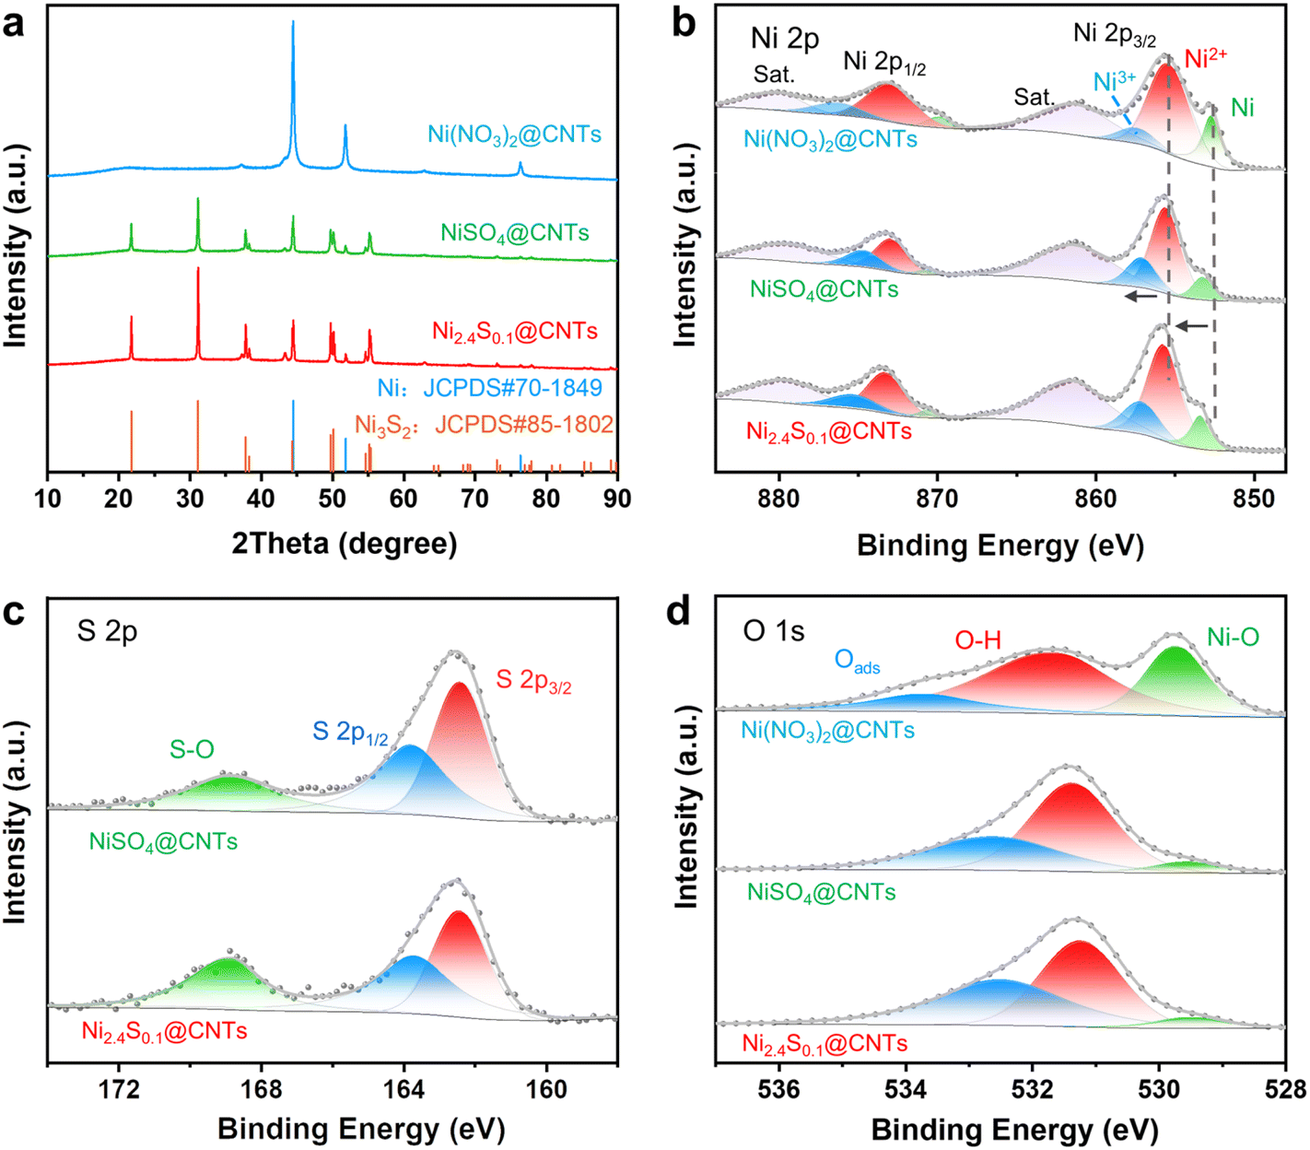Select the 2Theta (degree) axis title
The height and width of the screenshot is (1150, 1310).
pyautogui.click(x=345, y=543)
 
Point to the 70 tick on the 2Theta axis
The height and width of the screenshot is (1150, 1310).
pyautogui.click(x=474, y=499)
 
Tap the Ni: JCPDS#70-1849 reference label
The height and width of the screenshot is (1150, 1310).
pyautogui.click(x=489, y=388)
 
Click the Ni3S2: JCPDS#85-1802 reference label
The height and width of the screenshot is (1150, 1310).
pyautogui.click(x=485, y=424)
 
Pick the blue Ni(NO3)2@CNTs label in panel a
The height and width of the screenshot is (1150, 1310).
pyautogui.click(x=514, y=135)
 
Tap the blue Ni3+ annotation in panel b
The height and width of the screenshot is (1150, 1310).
pyautogui.click(x=1114, y=82)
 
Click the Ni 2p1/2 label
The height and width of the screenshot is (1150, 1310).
pyautogui.click(x=884, y=64)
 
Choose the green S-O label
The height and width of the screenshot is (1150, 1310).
pyautogui.click(x=192, y=750)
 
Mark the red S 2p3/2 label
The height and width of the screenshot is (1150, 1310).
pyautogui.click(x=533, y=681)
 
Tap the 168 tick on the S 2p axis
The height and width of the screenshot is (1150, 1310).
pyautogui.click(x=262, y=1087)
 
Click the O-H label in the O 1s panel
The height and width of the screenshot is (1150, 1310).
pyautogui.click(x=977, y=639)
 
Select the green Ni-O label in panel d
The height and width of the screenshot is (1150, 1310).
pyautogui.click(x=1233, y=638)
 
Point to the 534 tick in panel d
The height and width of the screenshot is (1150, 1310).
pyautogui.click(x=906, y=1089)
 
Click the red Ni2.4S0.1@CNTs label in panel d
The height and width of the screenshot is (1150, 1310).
pyautogui.click(x=825, y=1044)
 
